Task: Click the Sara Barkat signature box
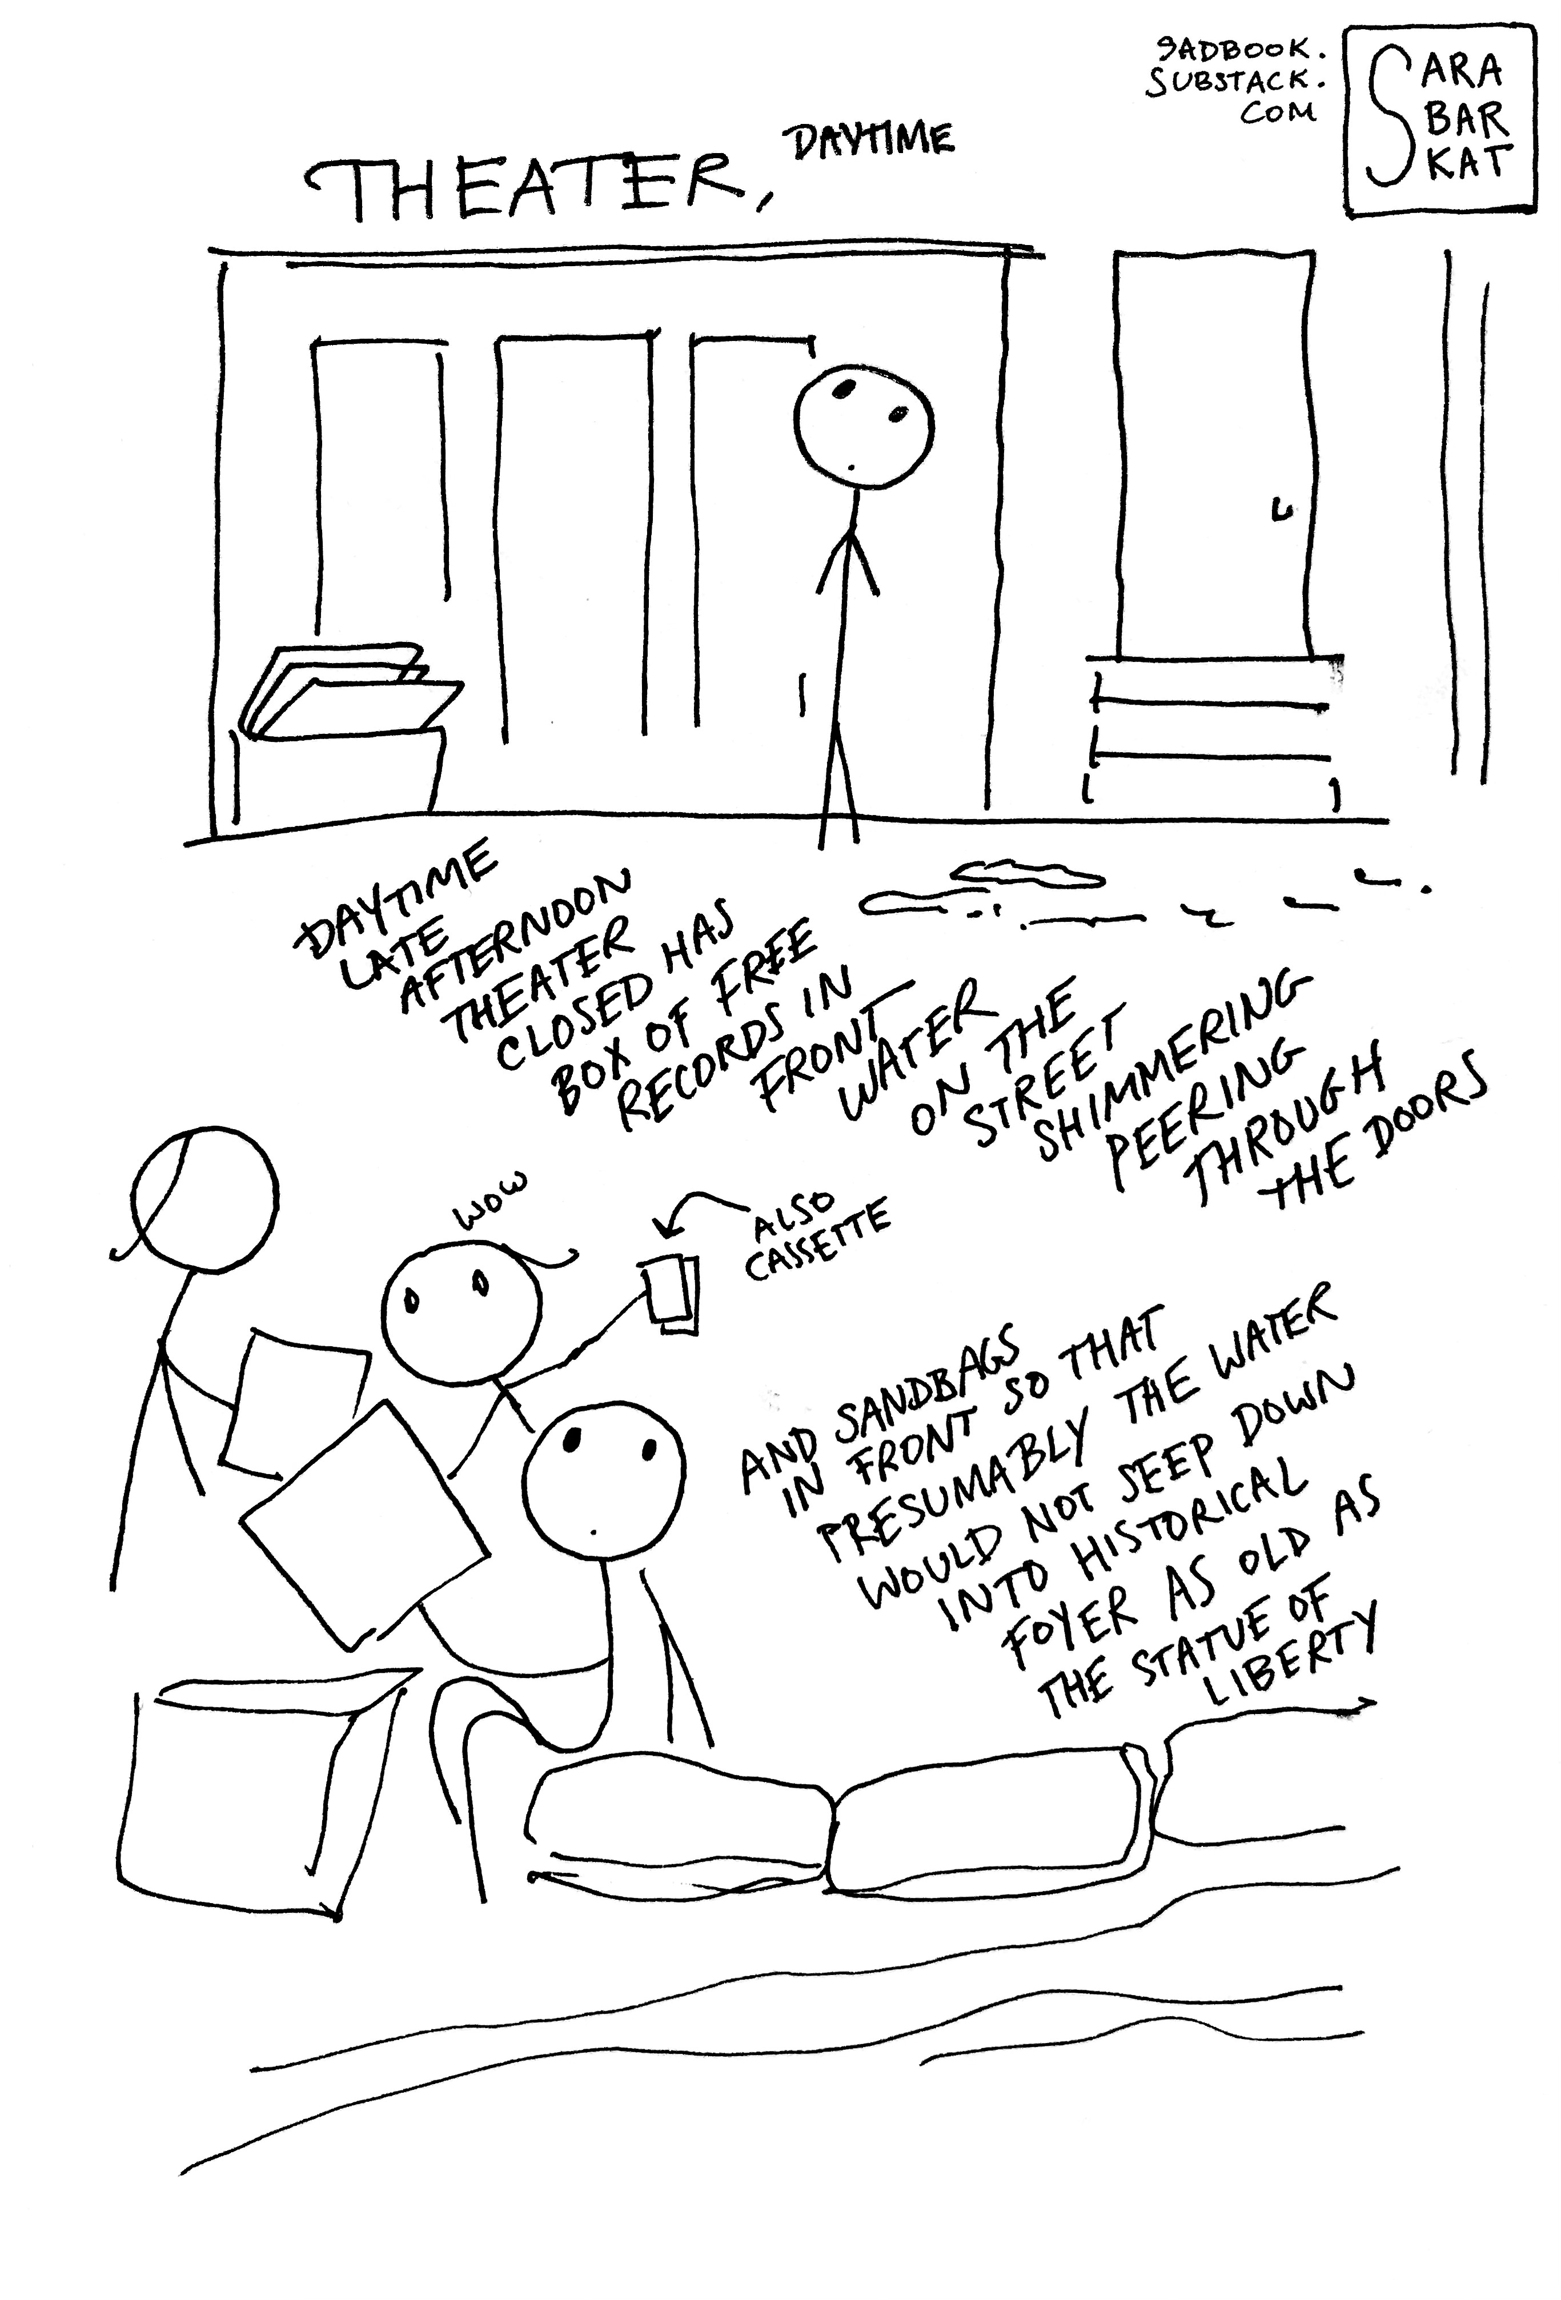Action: (x=1440, y=121)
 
